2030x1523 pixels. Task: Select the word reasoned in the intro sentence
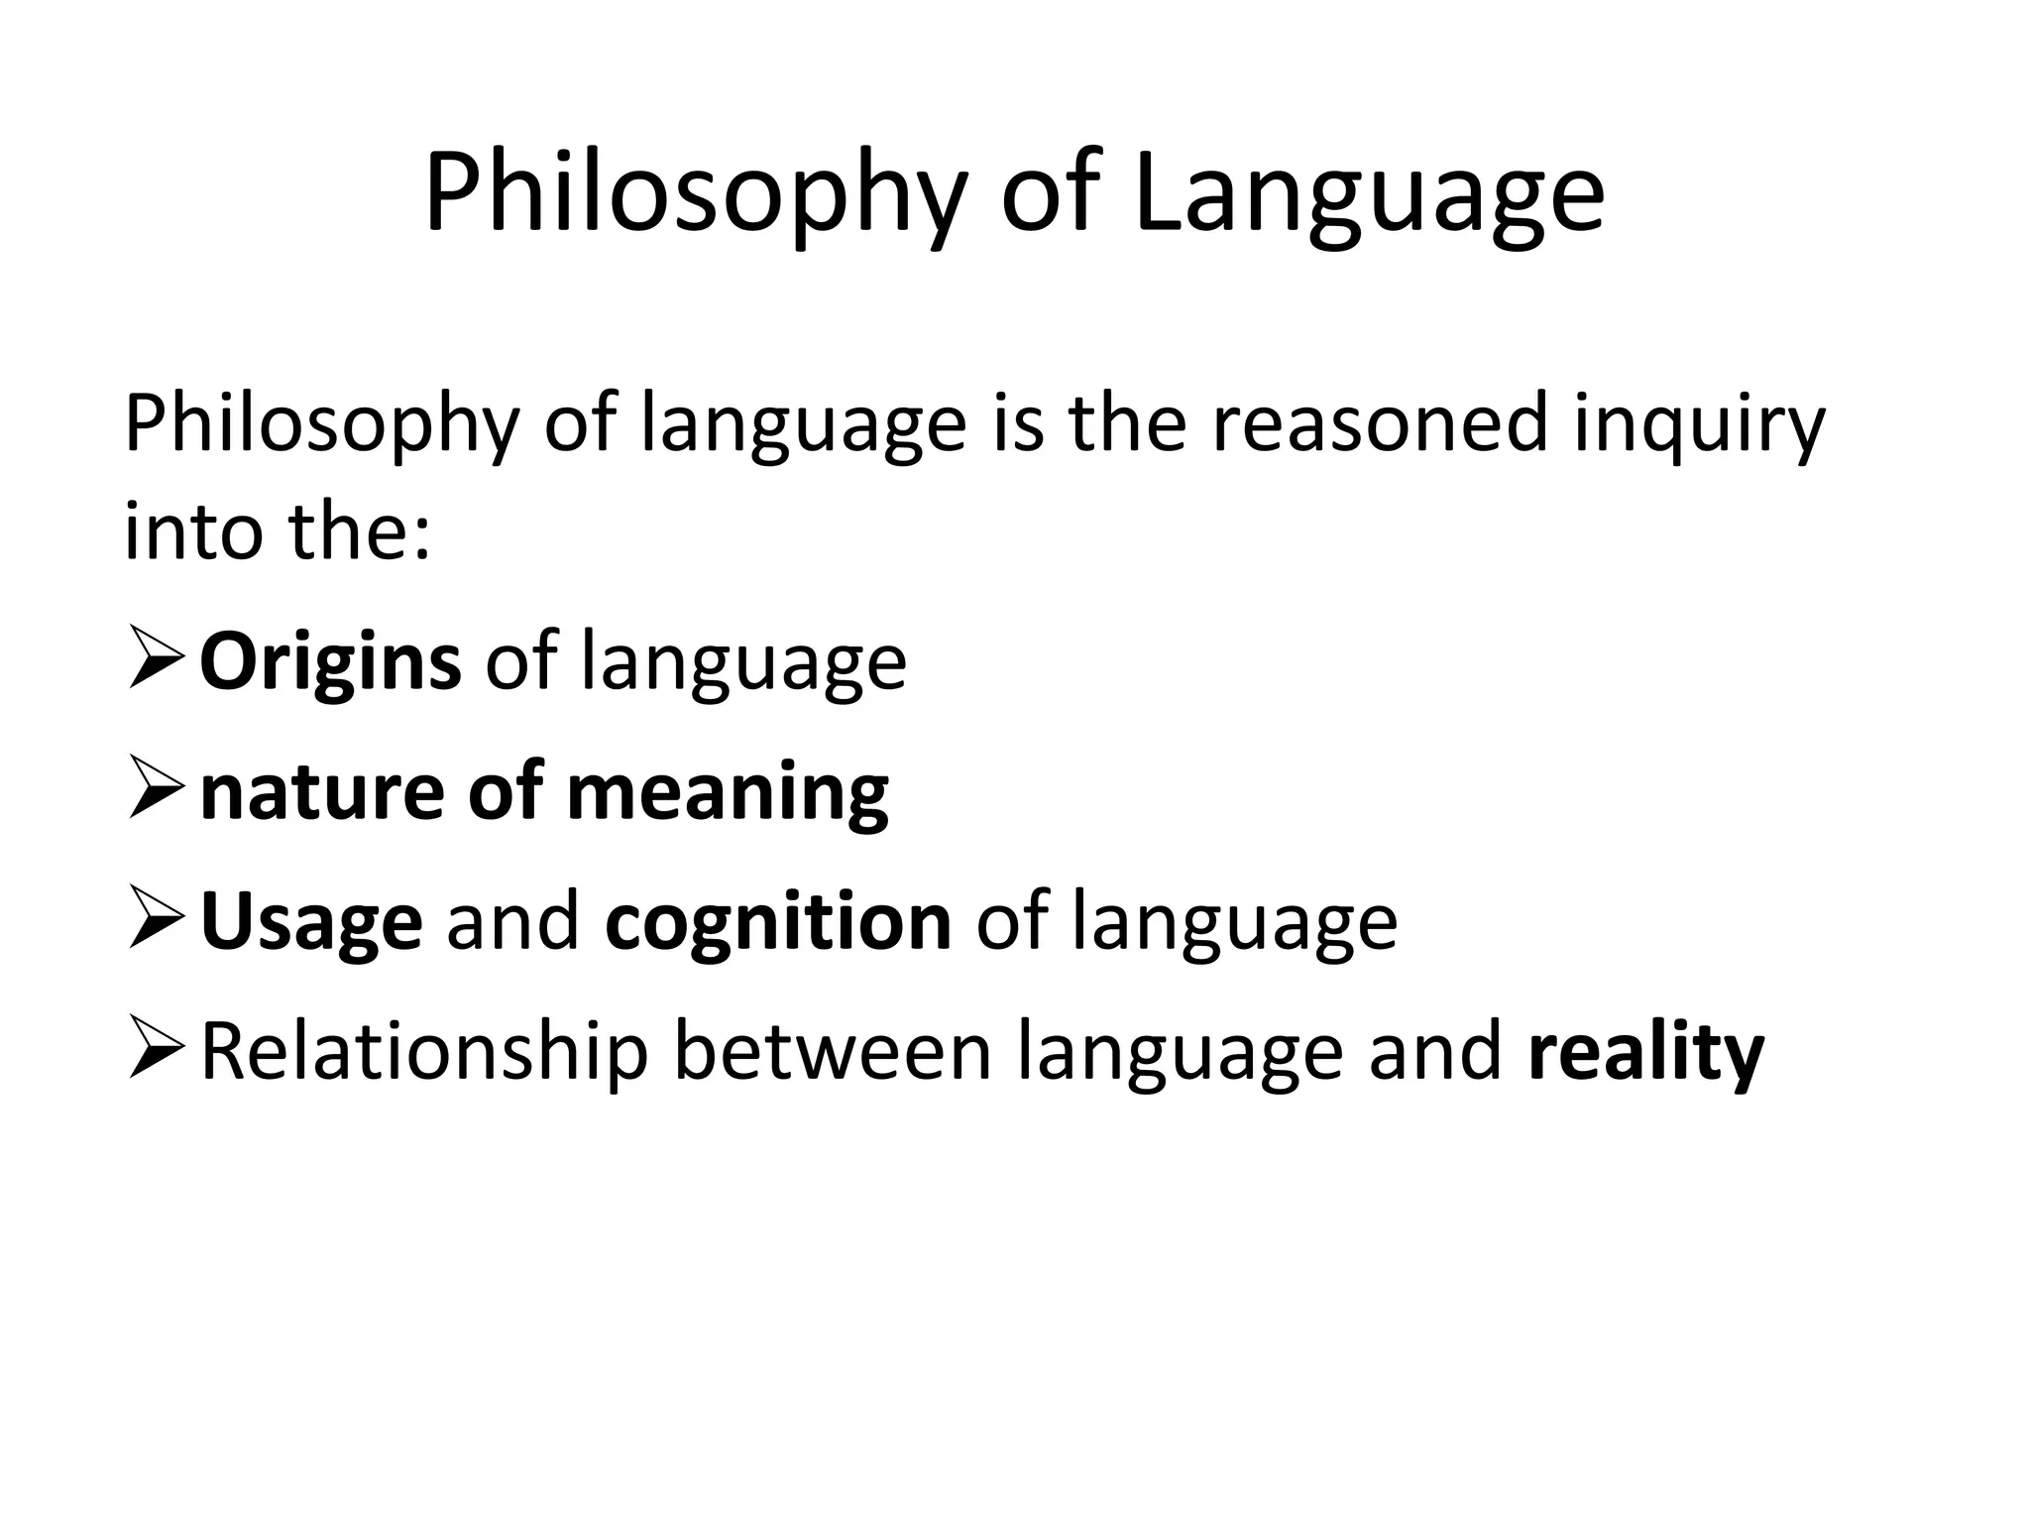click(1379, 424)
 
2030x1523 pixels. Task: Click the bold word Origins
click(330, 662)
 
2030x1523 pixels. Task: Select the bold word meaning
click(728, 792)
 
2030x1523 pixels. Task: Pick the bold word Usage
click(311, 922)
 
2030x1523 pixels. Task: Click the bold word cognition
click(778, 922)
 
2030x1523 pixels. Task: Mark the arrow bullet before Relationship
click(156, 1051)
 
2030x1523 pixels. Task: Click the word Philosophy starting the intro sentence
click(322, 424)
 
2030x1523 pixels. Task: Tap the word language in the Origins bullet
click(743, 662)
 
